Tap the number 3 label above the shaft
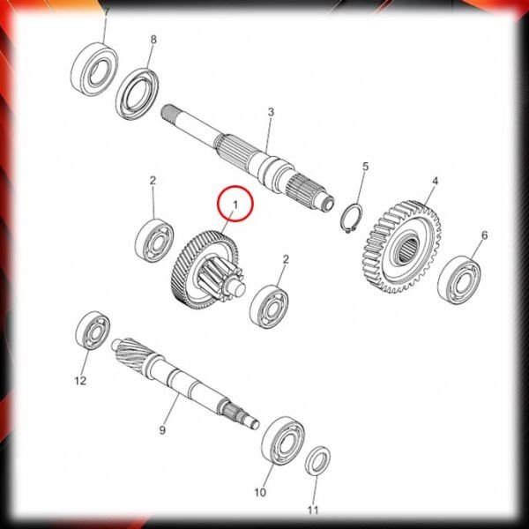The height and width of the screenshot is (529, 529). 271,112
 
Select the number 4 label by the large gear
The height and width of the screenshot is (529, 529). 436,181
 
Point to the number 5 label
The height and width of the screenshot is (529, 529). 365,167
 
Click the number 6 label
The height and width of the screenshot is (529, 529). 484,235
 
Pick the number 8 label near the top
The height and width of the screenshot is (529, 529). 153,40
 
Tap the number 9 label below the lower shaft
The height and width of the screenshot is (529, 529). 162,430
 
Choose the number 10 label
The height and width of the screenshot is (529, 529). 260,493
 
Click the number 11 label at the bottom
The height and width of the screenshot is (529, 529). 313,510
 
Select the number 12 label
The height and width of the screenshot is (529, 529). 80,381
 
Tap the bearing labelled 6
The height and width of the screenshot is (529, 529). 459,280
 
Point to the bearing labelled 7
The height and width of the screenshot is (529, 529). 95,69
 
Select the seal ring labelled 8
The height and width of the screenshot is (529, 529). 138,93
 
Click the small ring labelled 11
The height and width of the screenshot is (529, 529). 317,460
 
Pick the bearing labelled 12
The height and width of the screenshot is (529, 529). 93,331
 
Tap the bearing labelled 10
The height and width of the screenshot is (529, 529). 283,441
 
